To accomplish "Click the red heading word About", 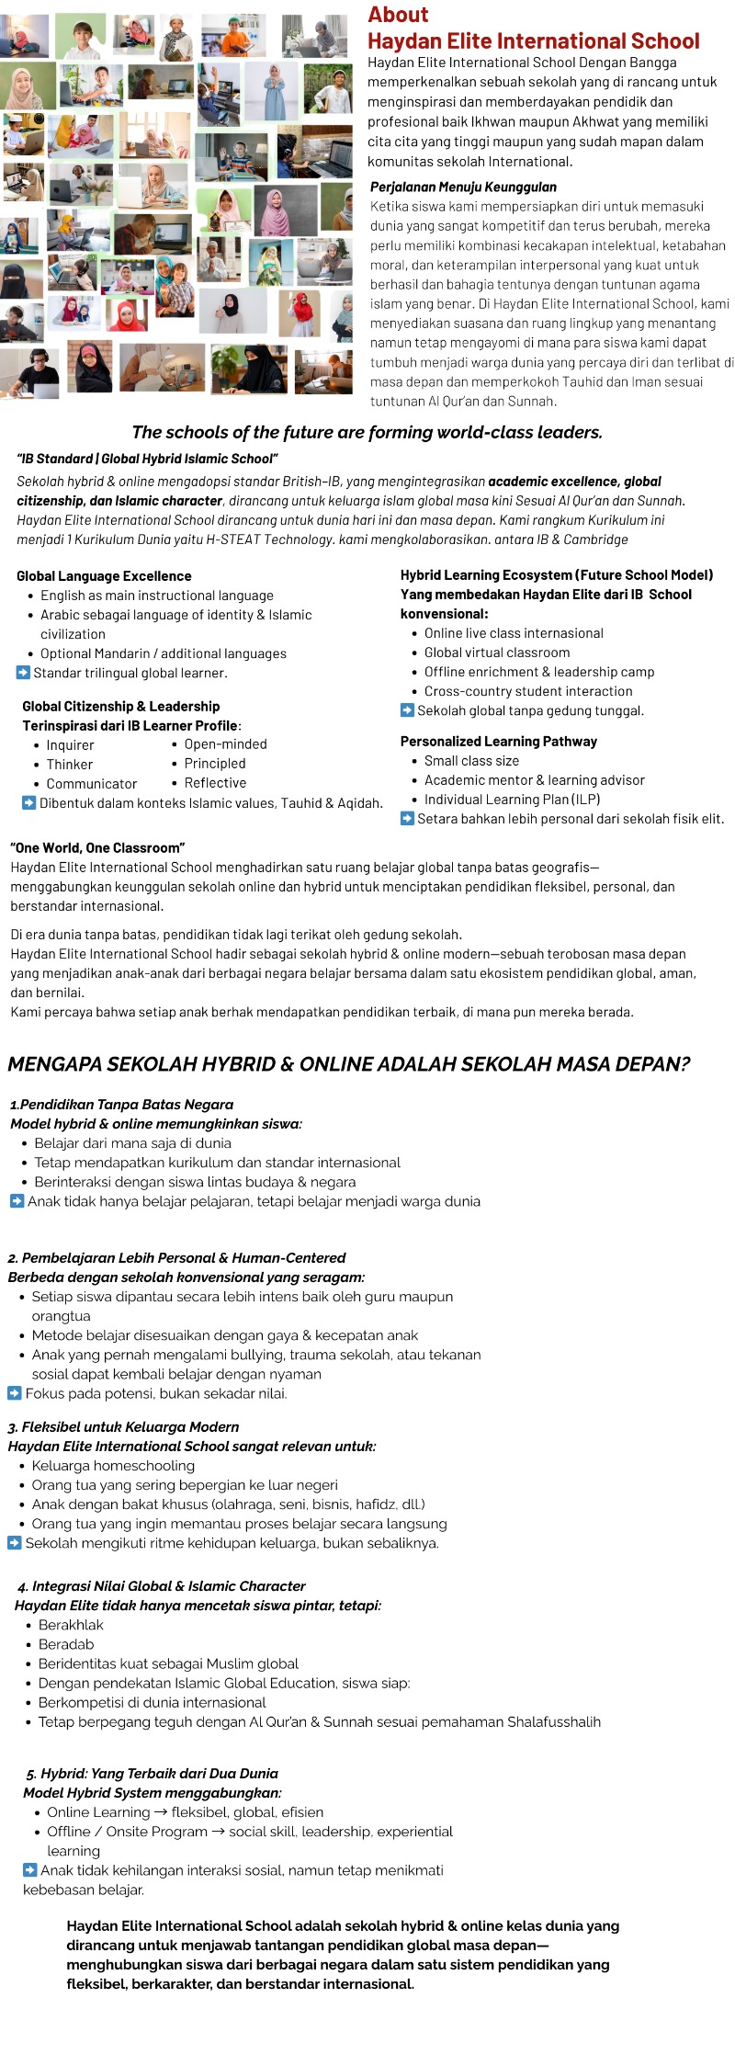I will pos(398,15).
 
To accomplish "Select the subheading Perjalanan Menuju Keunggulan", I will pos(463,187).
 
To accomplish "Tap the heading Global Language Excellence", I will pos(104,576).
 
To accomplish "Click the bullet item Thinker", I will pos(70,764).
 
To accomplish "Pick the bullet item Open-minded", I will pos(225,744).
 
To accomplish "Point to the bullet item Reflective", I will pos(215,783).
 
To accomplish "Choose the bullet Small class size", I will pos(471,761).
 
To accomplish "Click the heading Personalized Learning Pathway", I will pos(499,742).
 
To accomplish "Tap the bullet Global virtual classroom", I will pos(497,653).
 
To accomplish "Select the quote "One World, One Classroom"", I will pos(97,847).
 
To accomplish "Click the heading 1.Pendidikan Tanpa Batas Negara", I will pos(122,1105).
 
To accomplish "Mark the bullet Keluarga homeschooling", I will pos(113,1466).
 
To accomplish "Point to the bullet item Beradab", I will pos(66,1644).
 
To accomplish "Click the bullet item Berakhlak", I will pos(71,1625).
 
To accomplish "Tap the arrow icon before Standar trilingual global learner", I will pos(23,673).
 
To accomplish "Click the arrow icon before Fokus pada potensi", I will pos(15,1393).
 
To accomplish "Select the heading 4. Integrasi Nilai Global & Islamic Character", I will pos(162,1586).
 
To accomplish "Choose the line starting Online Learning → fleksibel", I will pos(185,1812).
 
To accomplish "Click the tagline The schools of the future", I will pos(367,432).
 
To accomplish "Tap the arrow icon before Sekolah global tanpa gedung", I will pos(407,710).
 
